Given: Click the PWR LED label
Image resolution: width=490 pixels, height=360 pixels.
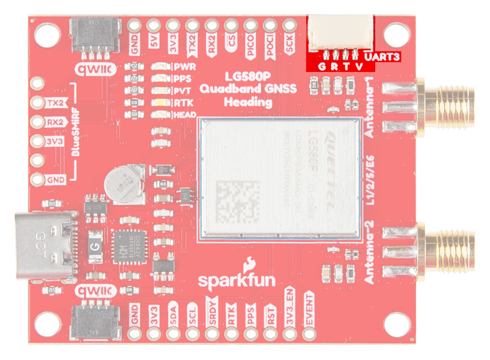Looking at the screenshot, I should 185,66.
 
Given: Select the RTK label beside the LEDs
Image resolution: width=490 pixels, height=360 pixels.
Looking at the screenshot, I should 184,103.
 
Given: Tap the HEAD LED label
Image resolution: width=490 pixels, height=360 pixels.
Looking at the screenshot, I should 186,115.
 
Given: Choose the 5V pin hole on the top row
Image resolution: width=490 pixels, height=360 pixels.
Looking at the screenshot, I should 154,25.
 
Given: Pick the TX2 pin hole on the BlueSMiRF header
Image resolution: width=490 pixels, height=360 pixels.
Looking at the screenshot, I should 37,103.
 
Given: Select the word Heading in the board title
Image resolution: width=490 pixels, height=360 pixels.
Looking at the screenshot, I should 247,103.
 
